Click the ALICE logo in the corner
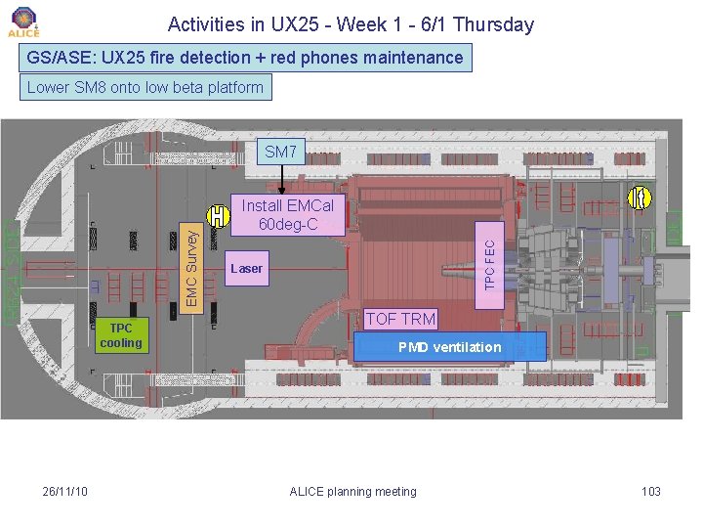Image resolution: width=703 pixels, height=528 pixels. click(x=23, y=22)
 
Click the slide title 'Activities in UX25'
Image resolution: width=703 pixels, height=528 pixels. click(x=351, y=24)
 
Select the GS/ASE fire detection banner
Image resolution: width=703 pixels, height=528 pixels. click(x=245, y=58)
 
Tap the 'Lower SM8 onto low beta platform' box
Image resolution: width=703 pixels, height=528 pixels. click(x=145, y=87)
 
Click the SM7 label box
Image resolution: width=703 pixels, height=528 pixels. click(x=280, y=152)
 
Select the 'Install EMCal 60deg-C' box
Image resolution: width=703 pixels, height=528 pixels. click(x=288, y=215)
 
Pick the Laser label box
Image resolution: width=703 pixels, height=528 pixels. click(x=246, y=268)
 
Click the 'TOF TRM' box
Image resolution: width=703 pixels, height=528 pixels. click(x=400, y=319)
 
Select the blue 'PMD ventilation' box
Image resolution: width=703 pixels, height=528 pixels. click(x=449, y=347)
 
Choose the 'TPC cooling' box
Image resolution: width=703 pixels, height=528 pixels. click(x=121, y=335)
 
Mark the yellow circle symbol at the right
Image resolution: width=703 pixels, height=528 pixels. click(x=640, y=198)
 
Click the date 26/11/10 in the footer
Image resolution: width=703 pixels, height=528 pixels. click(x=66, y=491)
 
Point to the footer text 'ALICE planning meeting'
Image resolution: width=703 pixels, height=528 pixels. click(x=352, y=491)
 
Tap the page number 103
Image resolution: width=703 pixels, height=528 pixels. click(x=650, y=491)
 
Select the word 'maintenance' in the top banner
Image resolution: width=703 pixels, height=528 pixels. click(x=412, y=58)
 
